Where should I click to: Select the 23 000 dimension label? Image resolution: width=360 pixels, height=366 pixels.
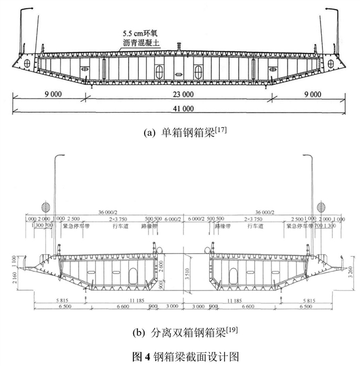click(x=179, y=95)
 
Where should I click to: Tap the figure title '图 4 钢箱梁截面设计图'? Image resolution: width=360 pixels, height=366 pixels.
click(x=180, y=353)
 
